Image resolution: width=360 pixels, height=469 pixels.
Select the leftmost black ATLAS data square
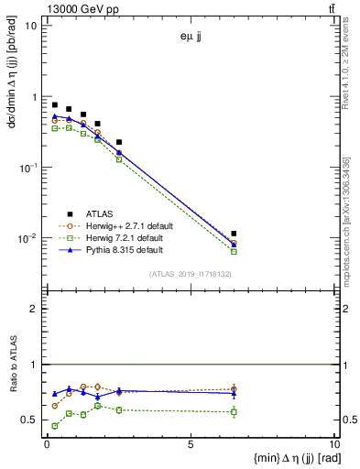pyautogui.click(x=55, y=105)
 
